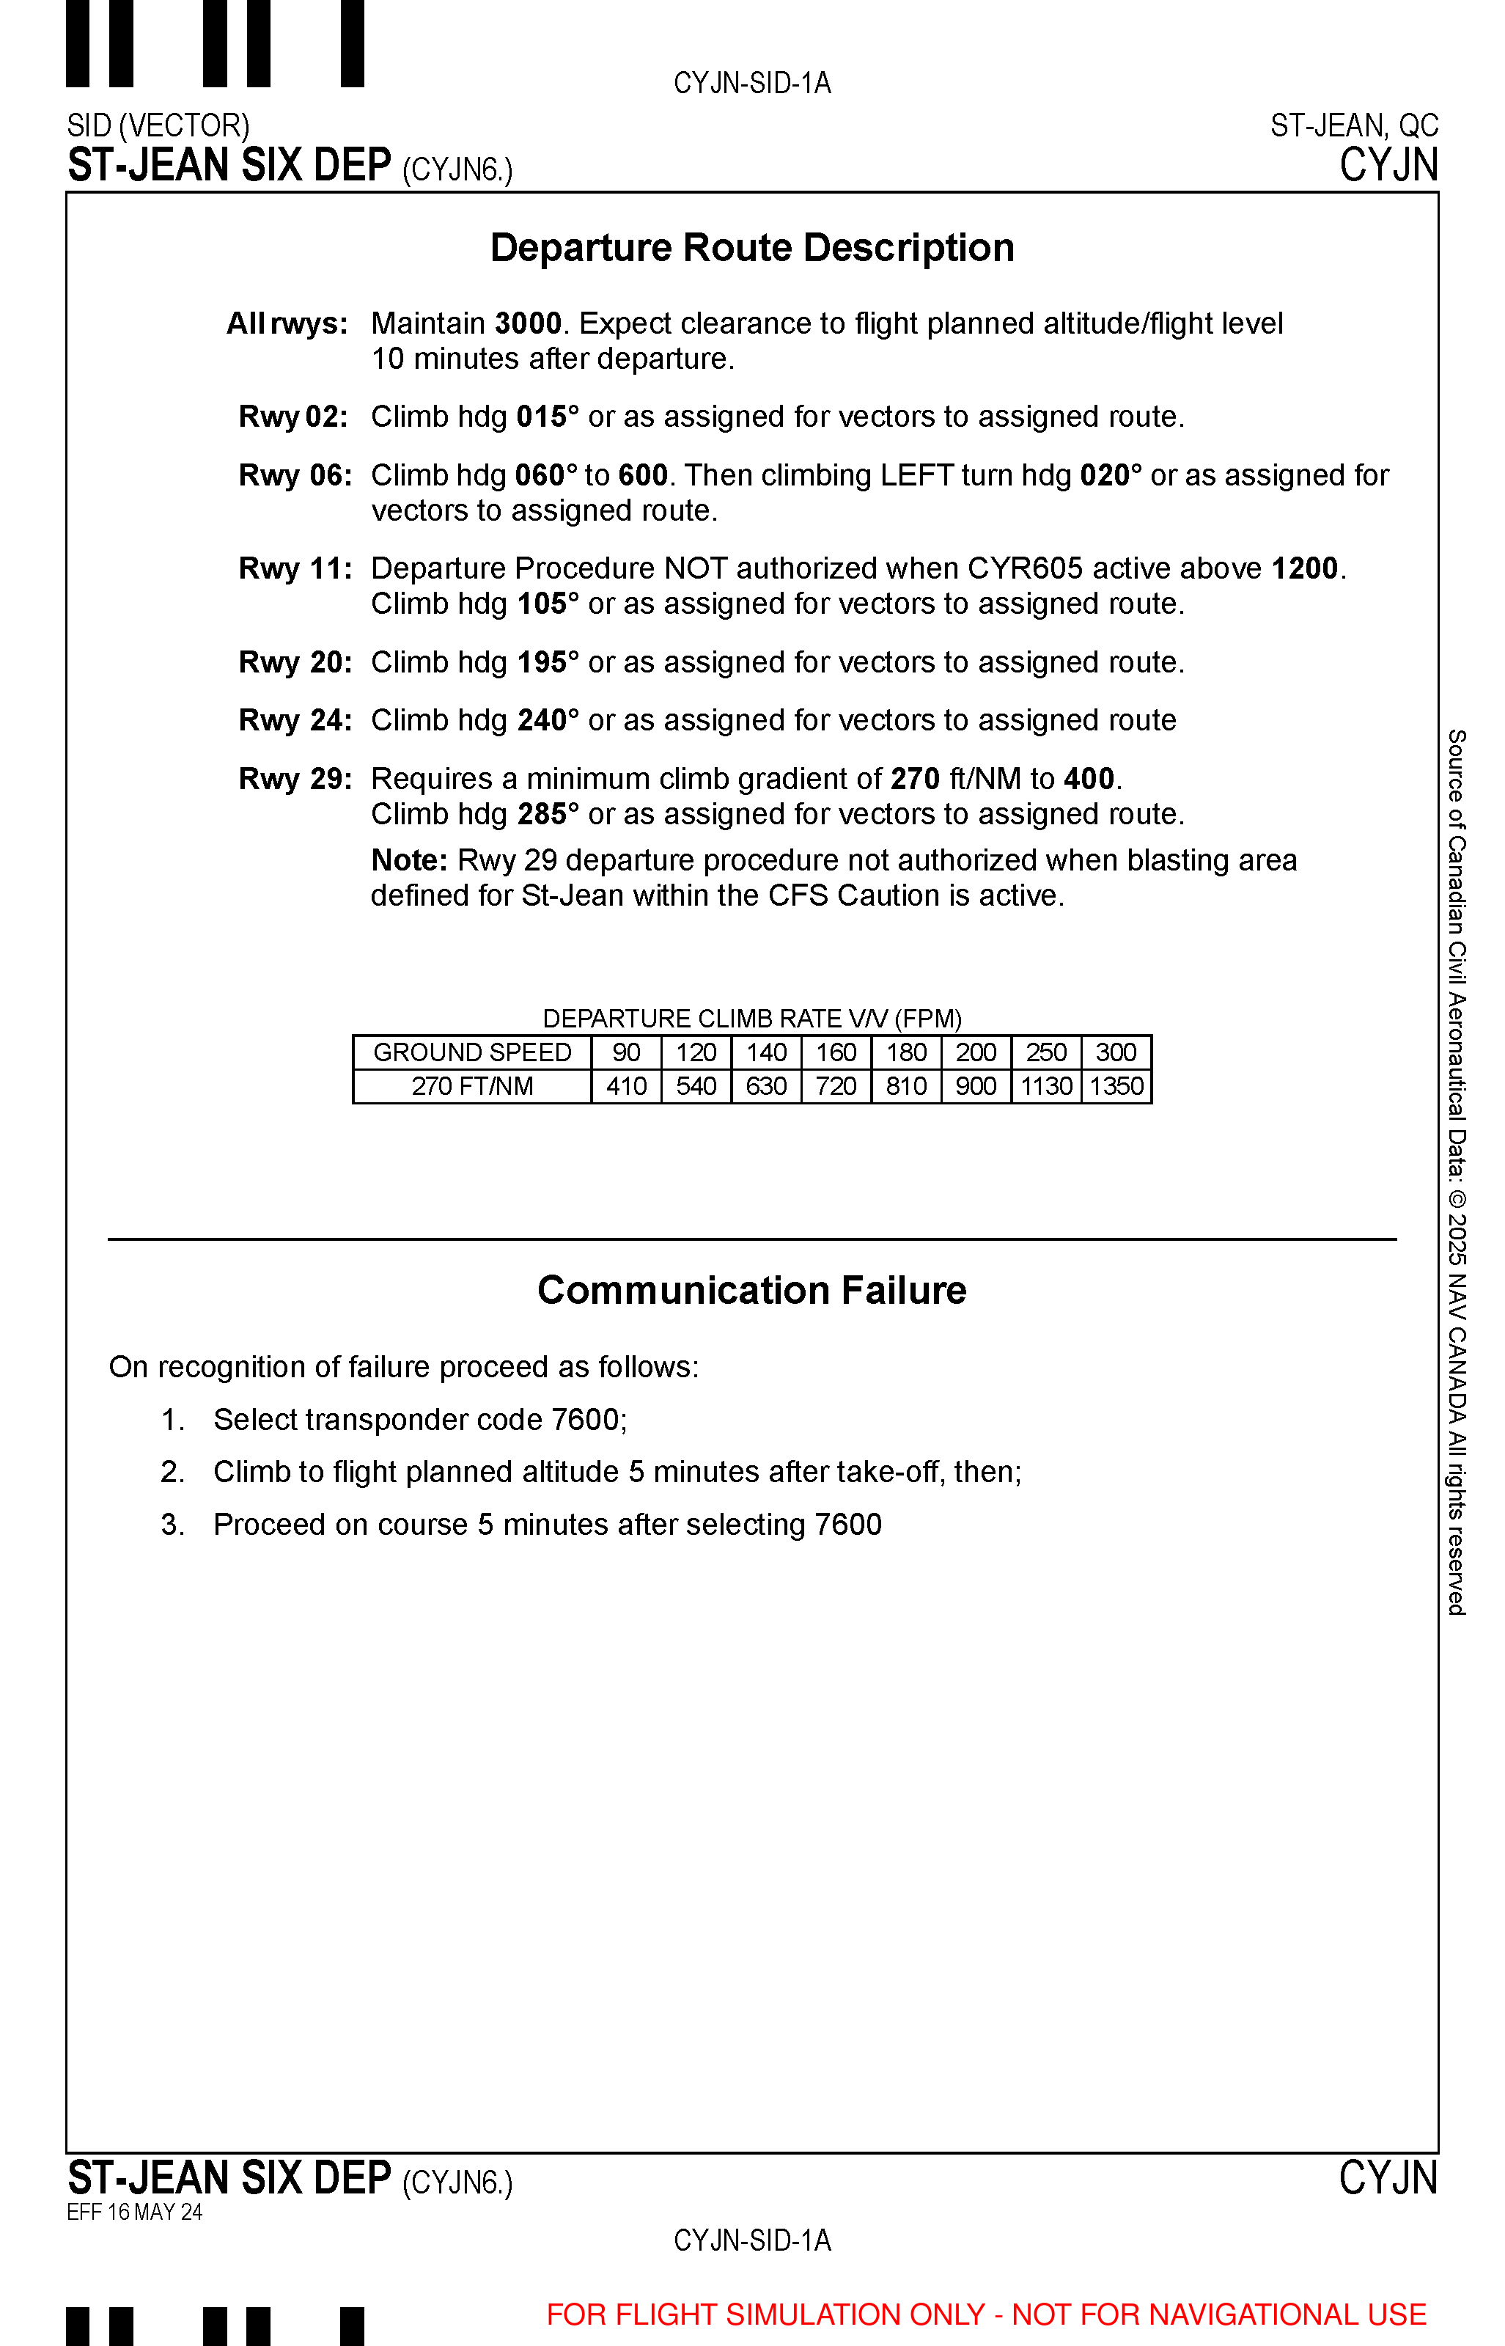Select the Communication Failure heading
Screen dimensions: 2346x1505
751,1290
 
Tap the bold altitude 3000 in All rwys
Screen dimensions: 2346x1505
528,323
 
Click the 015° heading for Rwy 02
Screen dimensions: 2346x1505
548,417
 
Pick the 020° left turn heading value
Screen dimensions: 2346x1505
1111,476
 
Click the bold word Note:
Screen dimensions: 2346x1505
408,860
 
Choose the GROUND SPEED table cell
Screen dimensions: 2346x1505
472,1053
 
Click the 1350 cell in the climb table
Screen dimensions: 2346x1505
1116,1086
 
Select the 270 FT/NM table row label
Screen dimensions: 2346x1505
472,1086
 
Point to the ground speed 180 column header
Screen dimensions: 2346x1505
906,1053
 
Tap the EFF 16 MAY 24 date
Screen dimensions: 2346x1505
135,2212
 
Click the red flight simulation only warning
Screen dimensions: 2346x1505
986,2314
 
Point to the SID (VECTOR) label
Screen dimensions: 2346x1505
158,126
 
